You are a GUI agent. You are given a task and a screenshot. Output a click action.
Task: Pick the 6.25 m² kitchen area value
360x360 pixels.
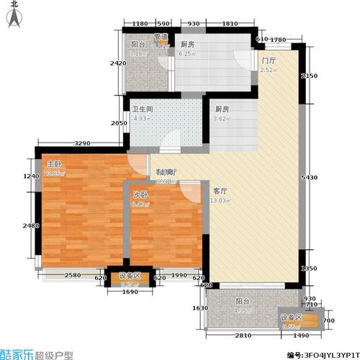(x=188, y=53)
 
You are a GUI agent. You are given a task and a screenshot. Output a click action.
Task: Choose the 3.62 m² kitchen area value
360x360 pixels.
(x=222, y=120)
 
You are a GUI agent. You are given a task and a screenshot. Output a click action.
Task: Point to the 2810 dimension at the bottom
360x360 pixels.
(x=243, y=336)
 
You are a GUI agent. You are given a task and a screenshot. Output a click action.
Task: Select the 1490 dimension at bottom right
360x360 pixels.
(x=301, y=336)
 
